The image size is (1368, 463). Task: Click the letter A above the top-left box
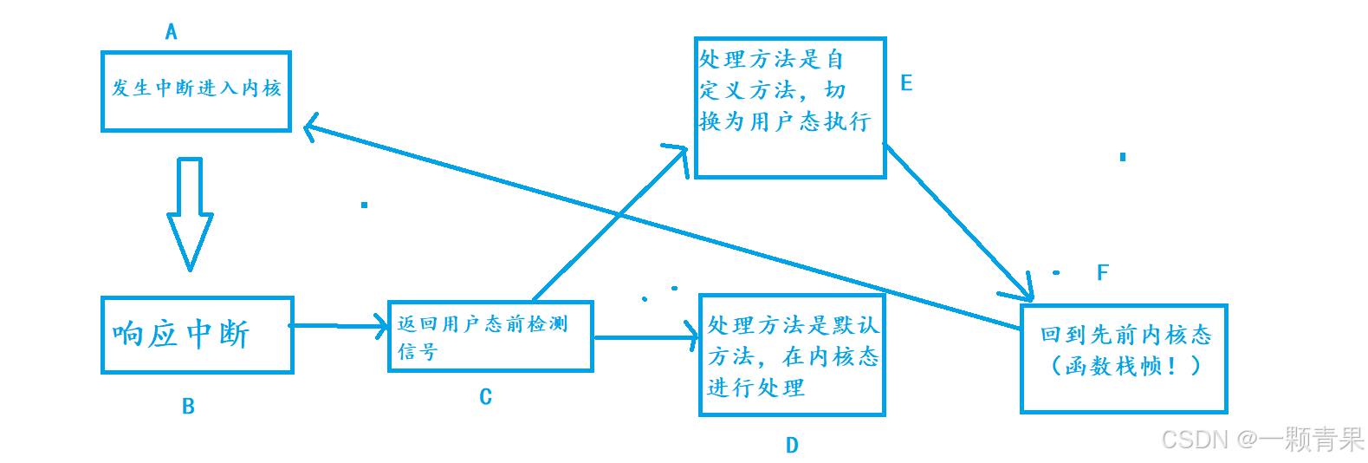(x=171, y=32)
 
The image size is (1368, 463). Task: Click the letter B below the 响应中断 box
(x=188, y=406)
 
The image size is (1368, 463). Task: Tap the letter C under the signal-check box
(x=485, y=396)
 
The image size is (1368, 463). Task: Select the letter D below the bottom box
(x=792, y=445)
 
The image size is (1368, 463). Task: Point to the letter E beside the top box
(x=906, y=83)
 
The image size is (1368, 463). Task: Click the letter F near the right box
(x=1102, y=272)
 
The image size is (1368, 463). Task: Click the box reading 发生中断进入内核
(x=196, y=91)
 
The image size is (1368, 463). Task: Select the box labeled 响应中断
(x=197, y=335)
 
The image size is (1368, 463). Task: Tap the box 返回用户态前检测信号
(x=490, y=336)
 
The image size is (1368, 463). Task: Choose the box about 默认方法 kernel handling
(x=792, y=355)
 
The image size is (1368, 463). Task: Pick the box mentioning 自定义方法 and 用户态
(x=790, y=108)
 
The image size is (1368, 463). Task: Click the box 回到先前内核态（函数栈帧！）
(x=1124, y=358)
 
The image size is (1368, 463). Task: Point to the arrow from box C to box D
(x=645, y=337)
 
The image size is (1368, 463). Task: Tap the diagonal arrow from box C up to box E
(x=606, y=225)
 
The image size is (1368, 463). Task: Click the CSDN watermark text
(x=1261, y=440)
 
